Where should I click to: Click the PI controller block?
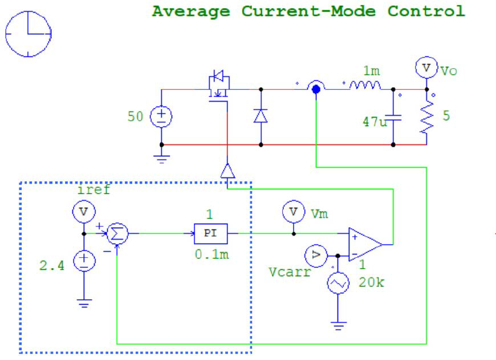(210, 233)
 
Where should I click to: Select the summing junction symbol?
(119, 233)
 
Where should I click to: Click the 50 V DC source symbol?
(161, 117)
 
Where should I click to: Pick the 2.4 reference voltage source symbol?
(84, 261)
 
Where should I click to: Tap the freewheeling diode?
(261, 116)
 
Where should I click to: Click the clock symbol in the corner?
(29, 34)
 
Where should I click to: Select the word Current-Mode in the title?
(308, 11)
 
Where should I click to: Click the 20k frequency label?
(371, 282)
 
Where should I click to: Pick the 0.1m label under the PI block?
(212, 254)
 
